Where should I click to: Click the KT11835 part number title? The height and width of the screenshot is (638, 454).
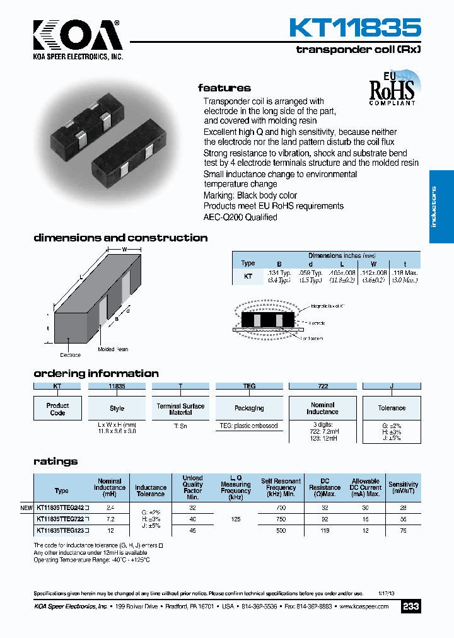point(354,28)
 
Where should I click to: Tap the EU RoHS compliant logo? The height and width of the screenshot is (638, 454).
point(392,90)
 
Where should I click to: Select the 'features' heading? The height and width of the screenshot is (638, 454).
point(224,88)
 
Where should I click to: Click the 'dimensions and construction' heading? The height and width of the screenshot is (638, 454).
point(120,238)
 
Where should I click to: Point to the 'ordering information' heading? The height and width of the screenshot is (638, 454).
point(96,373)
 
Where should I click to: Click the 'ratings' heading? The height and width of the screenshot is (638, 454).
point(55,461)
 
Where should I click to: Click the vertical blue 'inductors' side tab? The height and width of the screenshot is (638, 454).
point(441,207)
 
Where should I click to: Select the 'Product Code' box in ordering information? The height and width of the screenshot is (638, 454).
point(57,409)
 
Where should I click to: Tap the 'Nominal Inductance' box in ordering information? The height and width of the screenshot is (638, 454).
point(322,408)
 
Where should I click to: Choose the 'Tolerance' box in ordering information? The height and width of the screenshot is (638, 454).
point(392,408)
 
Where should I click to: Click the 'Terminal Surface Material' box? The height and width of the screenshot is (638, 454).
point(180,409)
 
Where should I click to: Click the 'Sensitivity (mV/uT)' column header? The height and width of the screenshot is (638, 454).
point(403,487)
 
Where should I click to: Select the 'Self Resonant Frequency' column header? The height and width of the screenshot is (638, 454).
point(281,487)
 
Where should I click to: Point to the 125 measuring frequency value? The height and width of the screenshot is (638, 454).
point(236,519)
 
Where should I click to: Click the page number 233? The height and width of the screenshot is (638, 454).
point(410,606)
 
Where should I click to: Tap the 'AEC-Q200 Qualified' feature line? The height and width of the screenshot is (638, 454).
point(240,217)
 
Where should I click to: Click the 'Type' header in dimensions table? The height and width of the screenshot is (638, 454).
point(248,263)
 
